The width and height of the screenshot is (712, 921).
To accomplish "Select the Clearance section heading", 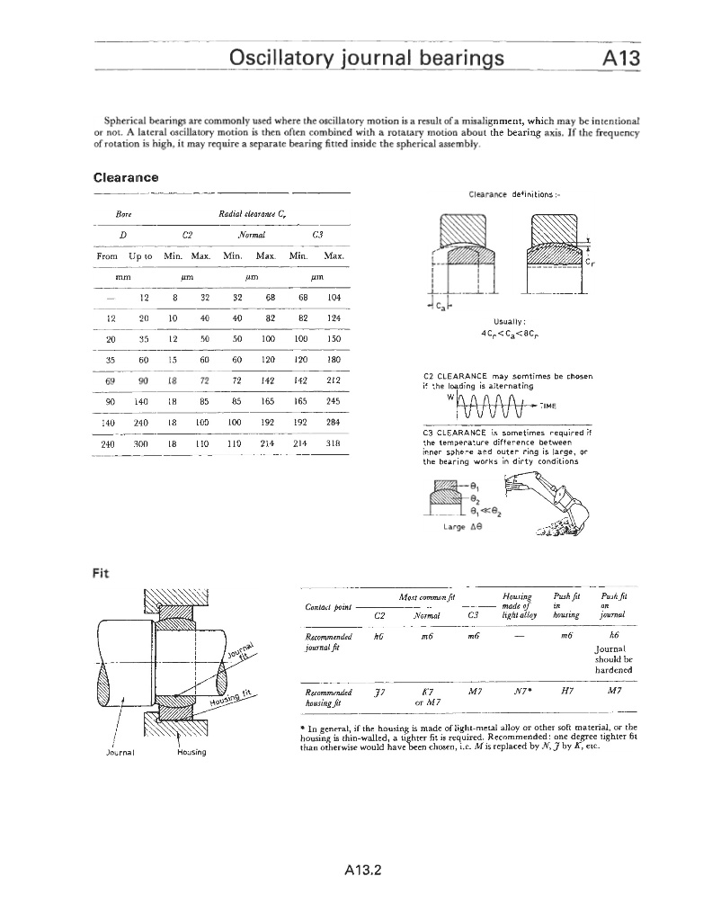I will pyautogui.click(x=126, y=177).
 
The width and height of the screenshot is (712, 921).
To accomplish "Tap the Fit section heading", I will pyautogui.click(x=101, y=573).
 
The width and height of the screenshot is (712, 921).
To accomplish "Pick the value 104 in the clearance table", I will pyautogui.click(x=334, y=297).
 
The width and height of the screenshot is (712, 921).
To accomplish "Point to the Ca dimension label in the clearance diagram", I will pyautogui.click(x=441, y=305).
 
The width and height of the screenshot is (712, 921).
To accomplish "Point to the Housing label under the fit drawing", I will pyautogui.click(x=189, y=752).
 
